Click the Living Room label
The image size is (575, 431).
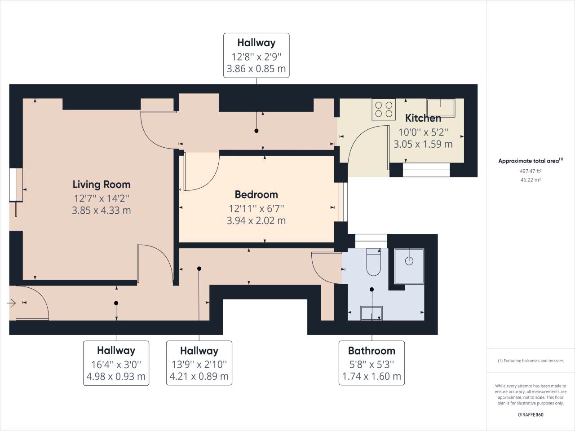pyautogui.click(x=102, y=185)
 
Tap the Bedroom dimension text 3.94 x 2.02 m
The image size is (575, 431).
pyautogui.click(x=256, y=220)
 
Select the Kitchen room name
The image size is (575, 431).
pyautogui.click(x=423, y=118)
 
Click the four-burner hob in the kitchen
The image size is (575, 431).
pyautogui.click(x=384, y=109)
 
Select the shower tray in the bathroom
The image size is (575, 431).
pyautogui.click(x=409, y=267)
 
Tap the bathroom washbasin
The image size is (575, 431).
pyautogui.click(x=372, y=313)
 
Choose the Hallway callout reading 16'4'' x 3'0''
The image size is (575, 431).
pyautogui.click(x=116, y=363)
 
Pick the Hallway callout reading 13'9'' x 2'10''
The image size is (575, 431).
pyautogui.click(x=199, y=363)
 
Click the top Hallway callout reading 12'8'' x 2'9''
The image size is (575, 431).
pyautogui.click(x=256, y=55)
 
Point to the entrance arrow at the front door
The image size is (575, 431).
pyautogui.click(x=12, y=304)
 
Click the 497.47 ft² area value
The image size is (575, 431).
pyautogui.click(x=531, y=171)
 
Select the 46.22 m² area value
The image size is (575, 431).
pyautogui.click(x=531, y=180)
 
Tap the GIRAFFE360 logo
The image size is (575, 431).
pyautogui.click(x=531, y=414)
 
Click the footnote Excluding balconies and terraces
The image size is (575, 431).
pyautogui.click(x=531, y=361)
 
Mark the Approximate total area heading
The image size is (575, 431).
pyautogui.click(x=530, y=161)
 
